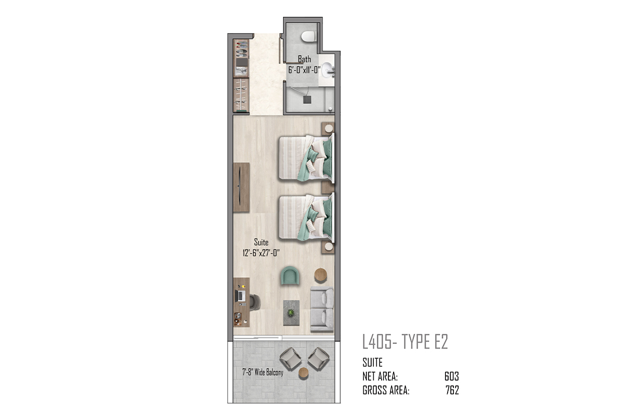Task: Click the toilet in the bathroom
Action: pyautogui.click(x=308, y=36)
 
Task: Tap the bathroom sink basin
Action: pyautogui.click(x=327, y=69)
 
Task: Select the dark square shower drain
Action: pyautogui.click(x=307, y=100)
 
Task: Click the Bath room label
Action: pyautogui.click(x=305, y=59)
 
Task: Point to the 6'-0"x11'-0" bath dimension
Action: pyautogui.click(x=305, y=70)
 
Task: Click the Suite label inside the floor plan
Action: pyautogui.click(x=261, y=242)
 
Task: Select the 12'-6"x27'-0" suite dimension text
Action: pyautogui.click(x=261, y=253)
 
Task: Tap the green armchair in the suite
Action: pyautogui.click(x=290, y=276)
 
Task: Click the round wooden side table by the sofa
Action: pyautogui.click(x=320, y=275)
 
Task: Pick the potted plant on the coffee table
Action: pyautogui.click(x=291, y=312)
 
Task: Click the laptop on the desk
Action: pyautogui.click(x=241, y=296)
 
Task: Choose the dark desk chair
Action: pyautogui.click(x=255, y=302)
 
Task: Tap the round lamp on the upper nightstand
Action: pyautogui.click(x=329, y=129)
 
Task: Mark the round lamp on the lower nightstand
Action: pyautogui.click(x=329, y=246)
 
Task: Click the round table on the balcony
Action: pyautogui.click(x=303, y=373)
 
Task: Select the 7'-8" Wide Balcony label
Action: pyautogui.click(x=263, y=372)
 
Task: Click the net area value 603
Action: pyautogui.click(x=451, y=376)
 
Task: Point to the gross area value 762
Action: pyautogui.click(x=452, y=390)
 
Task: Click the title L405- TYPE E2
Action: pyautogui.click(x=405, y=342)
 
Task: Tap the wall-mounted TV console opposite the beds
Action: pyautogui.click(x=242, y=187)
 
